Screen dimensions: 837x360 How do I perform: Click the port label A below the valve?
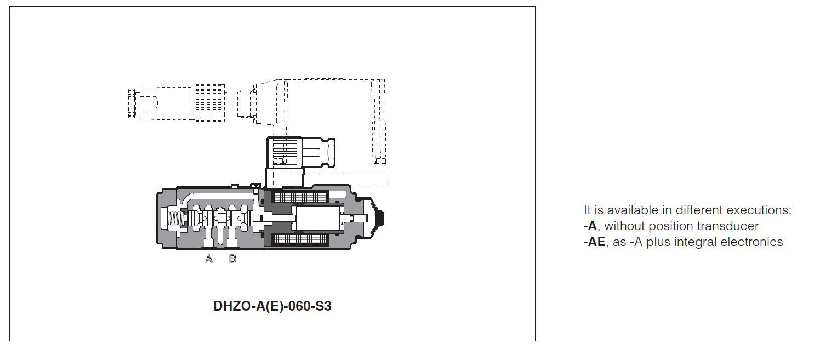209,259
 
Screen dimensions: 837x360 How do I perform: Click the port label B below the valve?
232,259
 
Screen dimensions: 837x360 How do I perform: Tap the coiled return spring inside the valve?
175,219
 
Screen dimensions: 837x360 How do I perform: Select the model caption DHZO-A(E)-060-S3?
272,306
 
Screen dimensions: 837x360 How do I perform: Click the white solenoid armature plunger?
317,218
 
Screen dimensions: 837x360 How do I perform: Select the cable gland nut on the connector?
330,152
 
